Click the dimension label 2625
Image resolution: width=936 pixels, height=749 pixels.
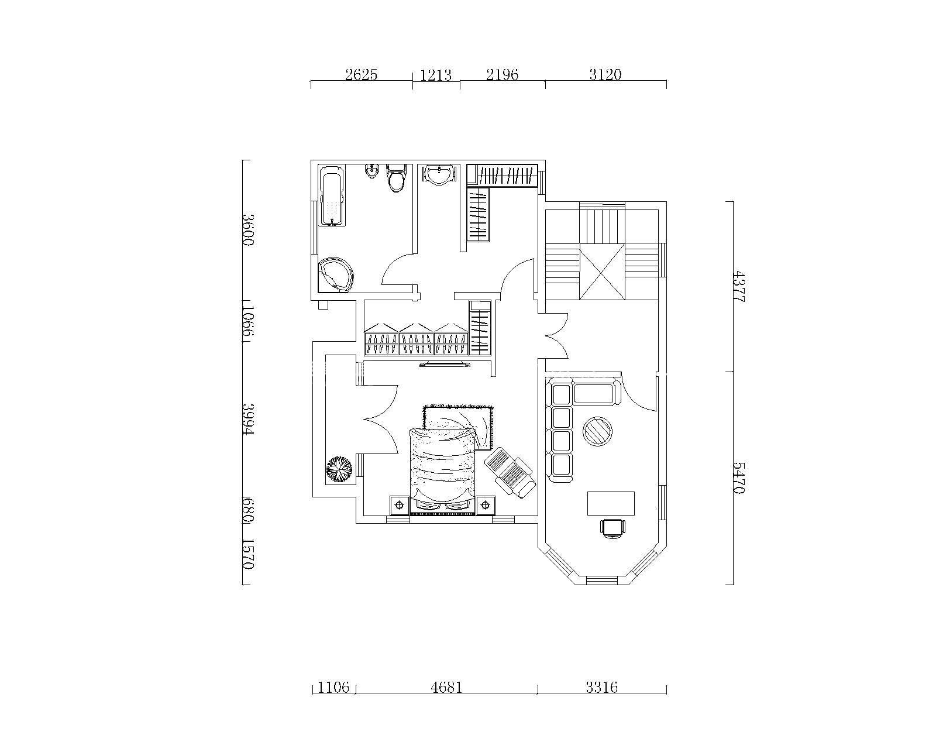tap(361, 75)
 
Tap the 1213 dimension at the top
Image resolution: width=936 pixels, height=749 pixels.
tap(436, 75)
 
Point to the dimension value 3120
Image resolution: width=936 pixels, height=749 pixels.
tap(605, 75)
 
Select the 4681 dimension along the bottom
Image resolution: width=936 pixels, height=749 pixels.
tap(446, 687)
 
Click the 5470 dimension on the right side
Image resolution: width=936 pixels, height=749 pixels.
tap(739, 477)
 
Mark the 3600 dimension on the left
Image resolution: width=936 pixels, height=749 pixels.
tap(247, 229)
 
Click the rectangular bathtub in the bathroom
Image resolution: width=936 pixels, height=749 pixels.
tap(333, 195)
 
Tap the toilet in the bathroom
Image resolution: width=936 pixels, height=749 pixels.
tap(396, 178)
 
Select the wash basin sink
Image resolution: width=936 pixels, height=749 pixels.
tap(440, 175)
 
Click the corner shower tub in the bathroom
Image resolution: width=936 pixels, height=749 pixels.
tap(335, 275)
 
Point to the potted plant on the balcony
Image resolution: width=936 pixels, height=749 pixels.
tap(339, 469)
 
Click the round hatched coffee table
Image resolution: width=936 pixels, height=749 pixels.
tap(598, 431)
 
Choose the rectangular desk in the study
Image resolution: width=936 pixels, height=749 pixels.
tap(611, 504)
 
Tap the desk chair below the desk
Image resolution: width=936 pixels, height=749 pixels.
tap(613, 528)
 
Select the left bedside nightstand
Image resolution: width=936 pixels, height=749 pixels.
tap(400, 505)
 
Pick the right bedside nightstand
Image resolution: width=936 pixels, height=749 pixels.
tap(486, 505)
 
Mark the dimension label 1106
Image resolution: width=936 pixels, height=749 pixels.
tap(333, 688)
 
